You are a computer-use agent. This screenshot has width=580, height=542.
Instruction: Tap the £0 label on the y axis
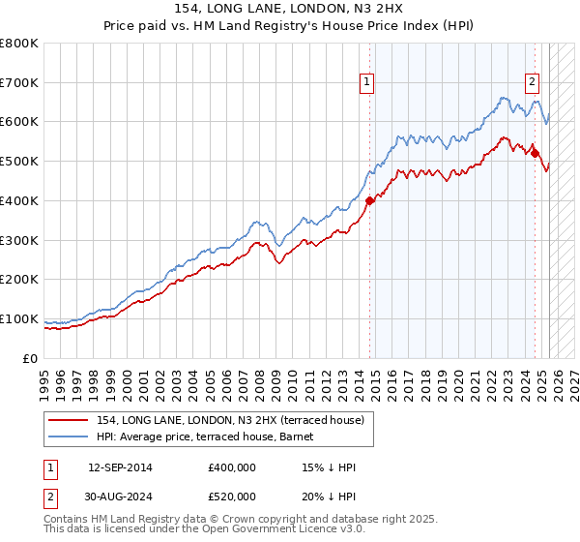point(32,358)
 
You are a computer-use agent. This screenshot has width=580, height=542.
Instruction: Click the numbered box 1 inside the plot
point(367,83)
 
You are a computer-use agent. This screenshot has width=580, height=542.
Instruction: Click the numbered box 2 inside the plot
point(532,83)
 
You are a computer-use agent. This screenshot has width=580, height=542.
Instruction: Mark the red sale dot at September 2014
point(369,200)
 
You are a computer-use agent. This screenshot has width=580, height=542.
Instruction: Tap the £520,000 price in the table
point(232,496)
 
